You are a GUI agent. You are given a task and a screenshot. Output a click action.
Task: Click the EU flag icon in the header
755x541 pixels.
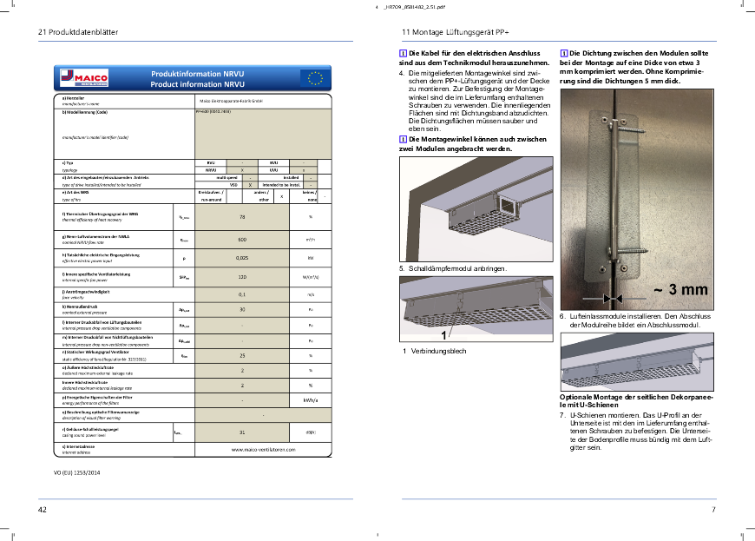tap(313, 79)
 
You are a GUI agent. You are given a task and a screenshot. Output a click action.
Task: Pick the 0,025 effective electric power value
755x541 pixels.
tap(242, 258)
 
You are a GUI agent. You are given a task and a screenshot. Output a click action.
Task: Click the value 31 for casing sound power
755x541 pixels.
tap(242, 432)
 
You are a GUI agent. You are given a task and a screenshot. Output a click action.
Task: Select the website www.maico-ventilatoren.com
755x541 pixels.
tap(263, 449)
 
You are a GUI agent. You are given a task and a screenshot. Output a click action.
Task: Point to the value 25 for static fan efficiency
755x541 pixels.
tap(242, 356)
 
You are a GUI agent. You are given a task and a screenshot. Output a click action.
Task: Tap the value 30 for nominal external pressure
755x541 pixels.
tap(242, 308)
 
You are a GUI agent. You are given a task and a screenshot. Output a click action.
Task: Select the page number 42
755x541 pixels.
tap(42, 509)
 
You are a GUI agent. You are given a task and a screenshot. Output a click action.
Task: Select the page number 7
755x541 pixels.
tap(713, 509)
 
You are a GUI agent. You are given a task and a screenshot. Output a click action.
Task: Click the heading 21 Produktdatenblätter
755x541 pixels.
tap(77, 32)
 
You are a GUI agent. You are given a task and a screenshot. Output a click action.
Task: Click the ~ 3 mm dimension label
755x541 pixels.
tap(680, 289)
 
